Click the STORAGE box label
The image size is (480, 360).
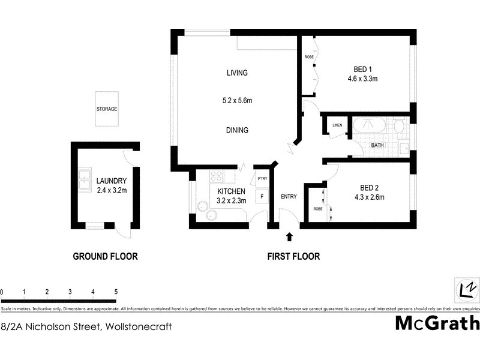click(107, 109)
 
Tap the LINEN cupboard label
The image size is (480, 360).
click(337, 125)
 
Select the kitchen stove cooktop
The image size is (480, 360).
click(217, 176)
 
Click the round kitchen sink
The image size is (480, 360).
click(202, 207)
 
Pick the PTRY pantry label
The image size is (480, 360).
click(262, 179)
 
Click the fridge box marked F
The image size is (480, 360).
click(262, 196)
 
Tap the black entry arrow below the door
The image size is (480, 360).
click(290, 236)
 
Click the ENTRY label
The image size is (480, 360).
click(289, 196)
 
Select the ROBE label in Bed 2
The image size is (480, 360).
click(317, 209)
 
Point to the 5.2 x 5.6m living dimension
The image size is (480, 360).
click(237, 101)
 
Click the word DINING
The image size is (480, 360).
click(237, 130)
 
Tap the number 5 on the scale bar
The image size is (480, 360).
click(116, 292)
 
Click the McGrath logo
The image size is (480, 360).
click(437, 323)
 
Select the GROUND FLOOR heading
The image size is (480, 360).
click(105, 256)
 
